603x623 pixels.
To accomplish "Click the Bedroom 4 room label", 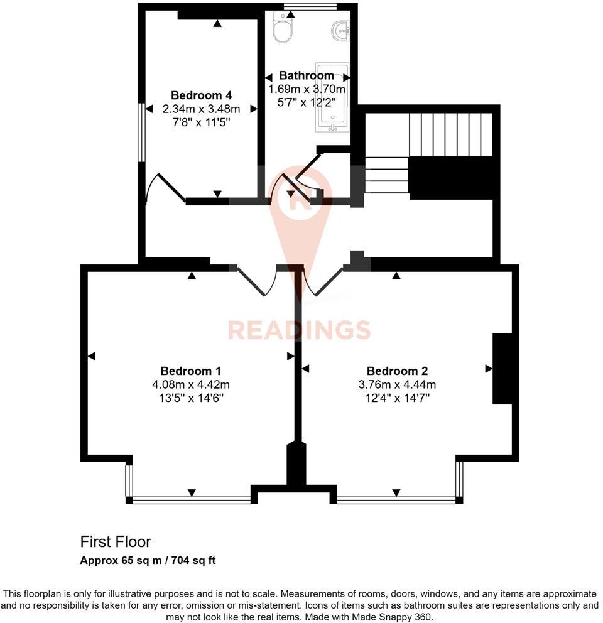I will point(201,95).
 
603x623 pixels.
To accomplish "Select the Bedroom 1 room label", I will point(190,371).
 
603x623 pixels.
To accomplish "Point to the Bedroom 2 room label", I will point(396,371).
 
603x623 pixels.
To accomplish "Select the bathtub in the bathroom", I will point(332,97).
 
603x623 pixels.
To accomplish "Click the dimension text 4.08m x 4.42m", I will point(190,384).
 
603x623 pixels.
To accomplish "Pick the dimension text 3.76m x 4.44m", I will point(396,384).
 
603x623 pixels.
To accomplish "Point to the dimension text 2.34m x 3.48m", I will point(201,109).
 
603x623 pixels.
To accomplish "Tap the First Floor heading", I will point(116,541).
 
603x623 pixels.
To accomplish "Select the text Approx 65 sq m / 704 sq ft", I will point(148,560).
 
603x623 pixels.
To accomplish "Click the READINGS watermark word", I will point(299,330).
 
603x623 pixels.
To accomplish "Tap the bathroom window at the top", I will point(310,7).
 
